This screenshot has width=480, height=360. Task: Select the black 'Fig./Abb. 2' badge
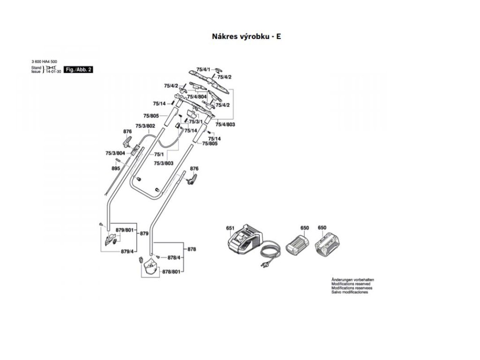(78, 69)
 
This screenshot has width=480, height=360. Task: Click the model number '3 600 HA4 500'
(45, 62)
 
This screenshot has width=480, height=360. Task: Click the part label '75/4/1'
(203, 69)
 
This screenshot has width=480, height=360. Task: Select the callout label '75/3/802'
(145, 126)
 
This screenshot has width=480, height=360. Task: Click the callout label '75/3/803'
(164, 163)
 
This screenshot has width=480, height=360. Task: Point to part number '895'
(116, 168)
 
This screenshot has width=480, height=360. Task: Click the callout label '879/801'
(125, 230)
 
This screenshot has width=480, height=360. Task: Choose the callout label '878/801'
(171, 272)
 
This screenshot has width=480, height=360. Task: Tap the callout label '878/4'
(174, 257)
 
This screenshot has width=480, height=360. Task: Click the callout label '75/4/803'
(225, 125)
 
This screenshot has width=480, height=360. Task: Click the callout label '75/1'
(159, 154)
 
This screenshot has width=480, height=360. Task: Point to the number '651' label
(230, 228)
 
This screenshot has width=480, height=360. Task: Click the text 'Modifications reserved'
(351, 284)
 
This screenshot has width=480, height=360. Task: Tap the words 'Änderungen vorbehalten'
(352, 280)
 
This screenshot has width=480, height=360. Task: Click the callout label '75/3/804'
(115, 153)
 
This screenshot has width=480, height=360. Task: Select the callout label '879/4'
(127, 252)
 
